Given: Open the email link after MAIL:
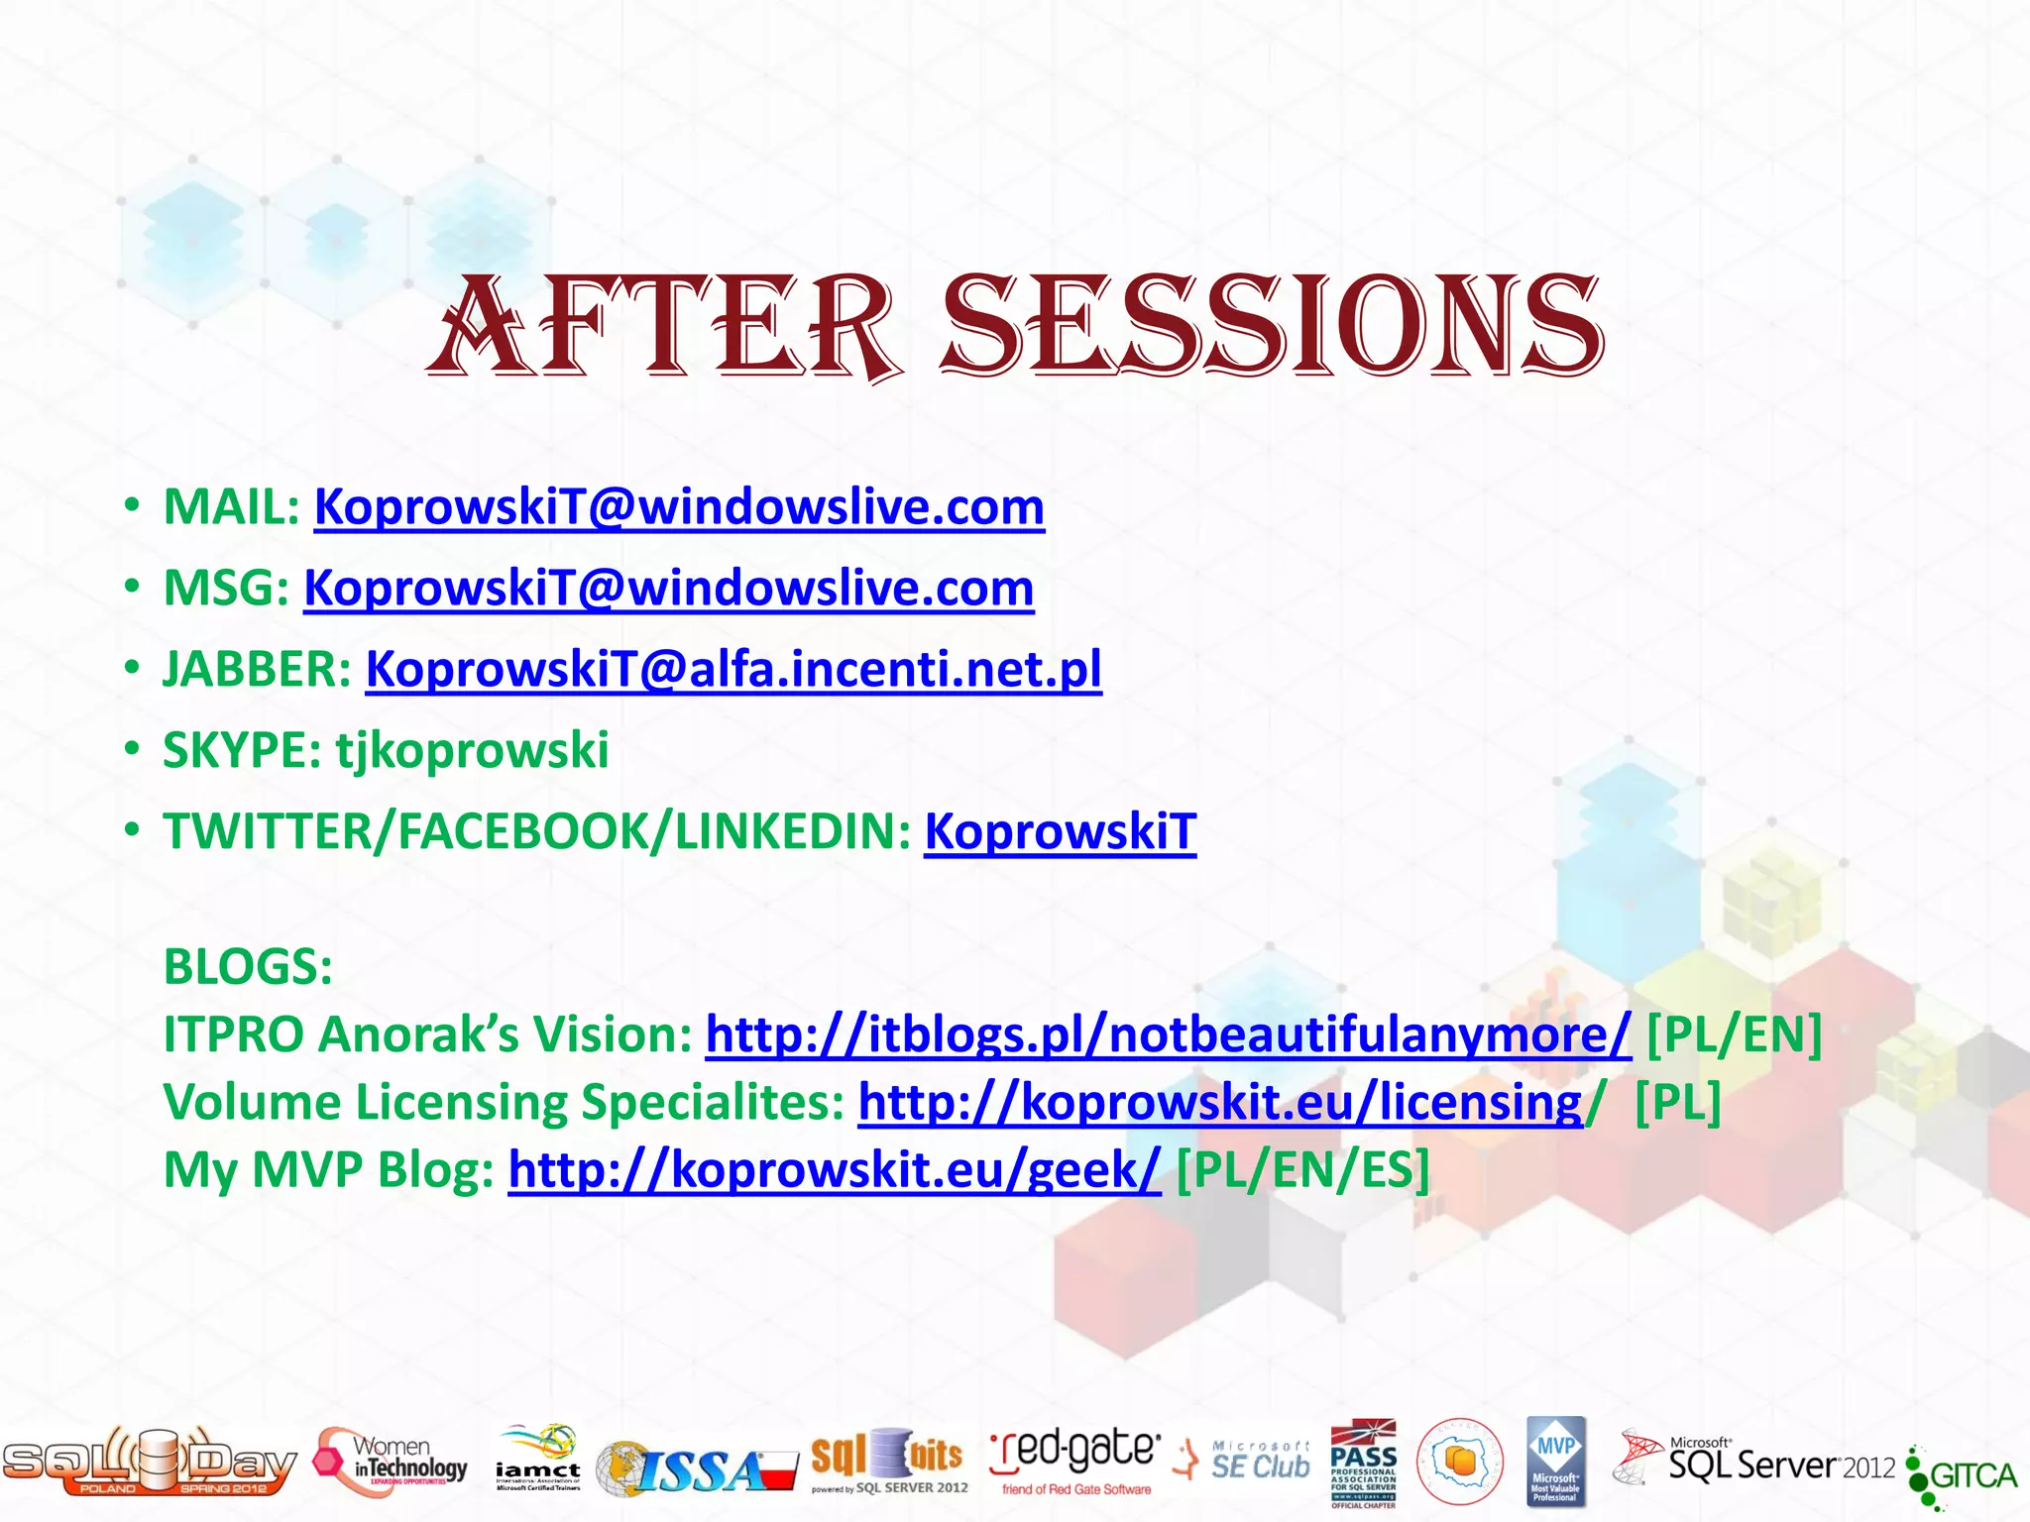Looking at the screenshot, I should pyautogui.click(x=679, y=507).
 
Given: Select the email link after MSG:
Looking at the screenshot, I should pyautogui.click(x=669, y=589).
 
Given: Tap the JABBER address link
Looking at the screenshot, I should pyautogui.click(x=733, y=670).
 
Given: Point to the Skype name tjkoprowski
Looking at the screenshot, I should pyautogui.click(x=472, y=750).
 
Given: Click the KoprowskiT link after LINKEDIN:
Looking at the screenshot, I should pyautogui.click(x=1060, y=831).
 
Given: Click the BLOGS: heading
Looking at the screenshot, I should pyautogui.click(x=248, y=966).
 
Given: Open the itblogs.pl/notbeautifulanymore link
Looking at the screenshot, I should pyautogui.click(x=1168, y=1034).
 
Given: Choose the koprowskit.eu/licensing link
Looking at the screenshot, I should pyautogui.click(x=1220, y=1102).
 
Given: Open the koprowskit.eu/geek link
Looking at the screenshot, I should pyautogui.click(x=834, y=1170).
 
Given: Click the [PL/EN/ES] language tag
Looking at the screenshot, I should pyautogui.click(x=1302, y=1170).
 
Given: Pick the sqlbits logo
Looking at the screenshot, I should pyautogui.click(x=888, y=1460).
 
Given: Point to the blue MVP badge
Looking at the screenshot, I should pyautogui.click(x=1555, y=1460).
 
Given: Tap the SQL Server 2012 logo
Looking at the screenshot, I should pyautogui.click(x=1754, y=1462).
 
